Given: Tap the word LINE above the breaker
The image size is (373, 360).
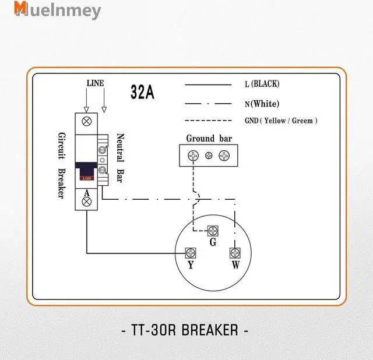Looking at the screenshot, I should coord(95,83).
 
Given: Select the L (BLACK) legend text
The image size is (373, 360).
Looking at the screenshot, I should coord(262,84).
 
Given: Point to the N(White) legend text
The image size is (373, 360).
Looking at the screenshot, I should coord(262,104).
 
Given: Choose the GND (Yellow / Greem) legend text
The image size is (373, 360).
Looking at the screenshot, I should coord(281,121).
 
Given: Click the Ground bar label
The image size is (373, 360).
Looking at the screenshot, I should coord(209,139).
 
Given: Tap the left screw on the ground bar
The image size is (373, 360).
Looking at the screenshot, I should coord(193,156).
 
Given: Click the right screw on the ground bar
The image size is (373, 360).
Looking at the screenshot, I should coord(224,156).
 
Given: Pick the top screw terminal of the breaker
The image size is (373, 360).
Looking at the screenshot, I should coord(87,122).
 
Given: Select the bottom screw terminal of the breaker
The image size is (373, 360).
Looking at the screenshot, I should coord(87,202).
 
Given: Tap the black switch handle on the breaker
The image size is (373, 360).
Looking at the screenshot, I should coord(87,170).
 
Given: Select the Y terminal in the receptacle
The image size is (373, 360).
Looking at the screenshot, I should coord(189,252).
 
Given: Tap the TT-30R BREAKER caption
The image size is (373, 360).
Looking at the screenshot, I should coord(186,330).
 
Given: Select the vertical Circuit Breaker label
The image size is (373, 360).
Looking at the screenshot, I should coord(61,164).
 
